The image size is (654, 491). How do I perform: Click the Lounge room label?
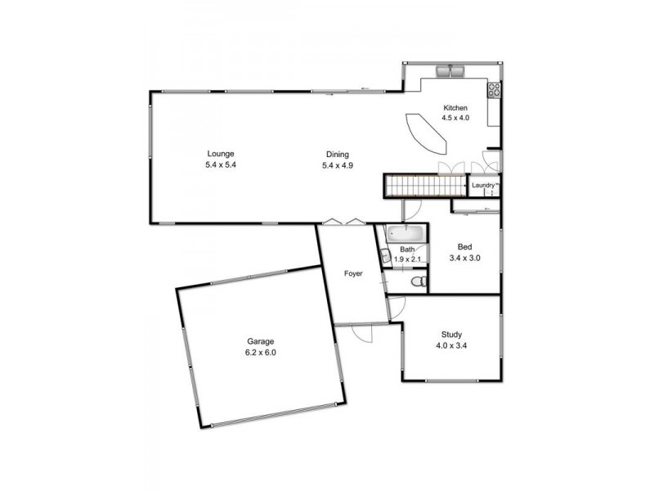(221, 153)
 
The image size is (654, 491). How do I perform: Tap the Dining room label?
(338, 154)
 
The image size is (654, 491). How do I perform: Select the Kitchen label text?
(455, 108)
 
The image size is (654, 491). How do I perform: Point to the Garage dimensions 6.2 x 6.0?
(262, 353)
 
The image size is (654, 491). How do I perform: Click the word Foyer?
(352, 274)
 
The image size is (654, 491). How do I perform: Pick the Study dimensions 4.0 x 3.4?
(452, 345)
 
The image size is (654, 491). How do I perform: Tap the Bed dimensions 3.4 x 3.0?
(464, 258)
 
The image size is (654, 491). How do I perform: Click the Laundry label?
(483, 185)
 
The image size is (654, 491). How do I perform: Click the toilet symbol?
(418, 282)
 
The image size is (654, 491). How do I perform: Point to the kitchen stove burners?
(494, 90)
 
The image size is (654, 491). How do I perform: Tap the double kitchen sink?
(450, 72)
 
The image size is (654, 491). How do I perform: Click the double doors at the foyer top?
(342, 221)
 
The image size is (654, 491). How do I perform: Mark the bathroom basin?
(385, 256)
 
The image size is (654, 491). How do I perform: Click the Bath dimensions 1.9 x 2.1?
(406, 259)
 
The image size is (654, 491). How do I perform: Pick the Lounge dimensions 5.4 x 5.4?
(221, 164)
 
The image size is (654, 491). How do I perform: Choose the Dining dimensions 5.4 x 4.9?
(338, 165)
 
